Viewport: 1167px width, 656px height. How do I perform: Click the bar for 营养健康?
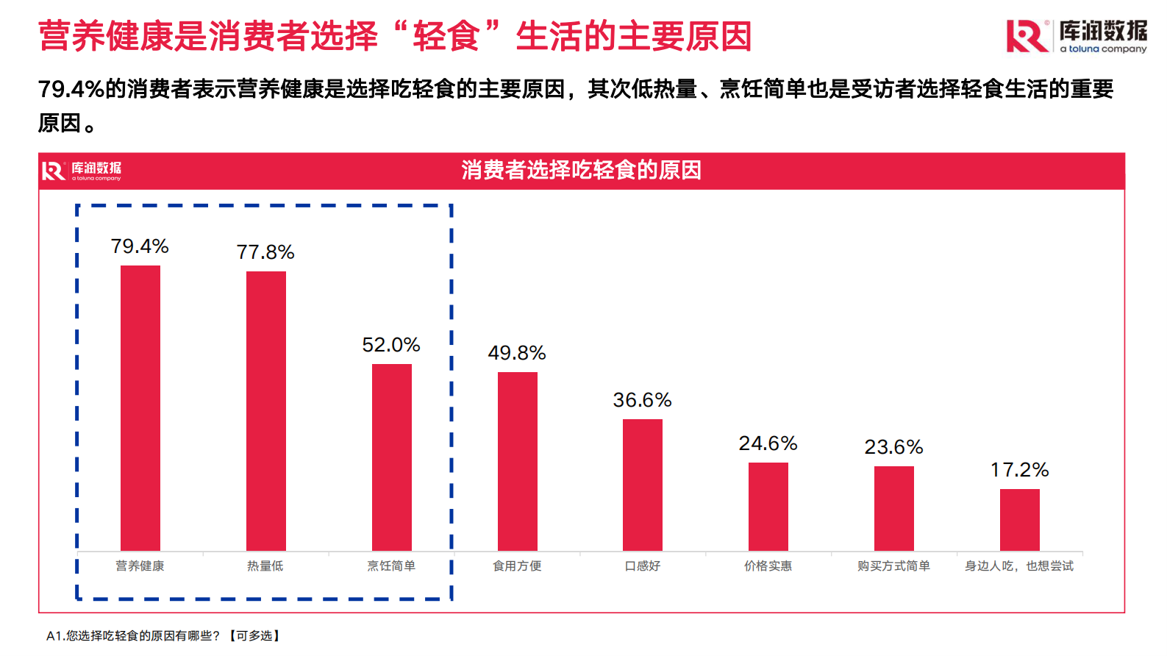(x=140, y=407)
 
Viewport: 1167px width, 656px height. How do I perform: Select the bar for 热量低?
(x=266, y=410)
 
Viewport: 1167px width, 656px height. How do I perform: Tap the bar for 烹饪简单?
(x=392, y=457)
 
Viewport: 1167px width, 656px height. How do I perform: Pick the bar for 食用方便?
(x=518, y=461)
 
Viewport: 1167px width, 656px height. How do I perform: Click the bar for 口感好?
(x=643, y=485)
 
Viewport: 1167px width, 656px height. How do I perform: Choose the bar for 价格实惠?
(x=768, y=506)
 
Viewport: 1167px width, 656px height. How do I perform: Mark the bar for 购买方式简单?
(x=894, y=508)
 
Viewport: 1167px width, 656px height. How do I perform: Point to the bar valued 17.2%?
(x=1020, y=519)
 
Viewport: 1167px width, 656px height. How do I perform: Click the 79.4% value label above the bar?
(x=140, y=246)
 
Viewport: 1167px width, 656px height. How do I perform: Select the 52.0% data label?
(x=391, y=345)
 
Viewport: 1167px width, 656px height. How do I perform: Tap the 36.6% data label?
(x=643, y=400)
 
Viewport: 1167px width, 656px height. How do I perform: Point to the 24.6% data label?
(x=768, y=443)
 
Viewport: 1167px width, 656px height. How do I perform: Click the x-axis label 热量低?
(x=265, y=566)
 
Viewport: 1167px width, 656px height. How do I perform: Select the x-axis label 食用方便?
(x=517, y=566)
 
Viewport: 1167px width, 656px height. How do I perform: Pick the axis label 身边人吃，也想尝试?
(x=1019, y=566)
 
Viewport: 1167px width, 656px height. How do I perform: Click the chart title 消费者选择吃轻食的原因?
(x=581, y=170)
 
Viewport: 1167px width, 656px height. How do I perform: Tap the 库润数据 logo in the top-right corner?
(x=1077, y=36)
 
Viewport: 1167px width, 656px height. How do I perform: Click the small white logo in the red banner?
(x=82, y=171)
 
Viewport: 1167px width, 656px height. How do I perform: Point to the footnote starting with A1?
(x=163, y=635)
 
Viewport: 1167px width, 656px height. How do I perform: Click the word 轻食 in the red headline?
(x=446, y=36)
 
